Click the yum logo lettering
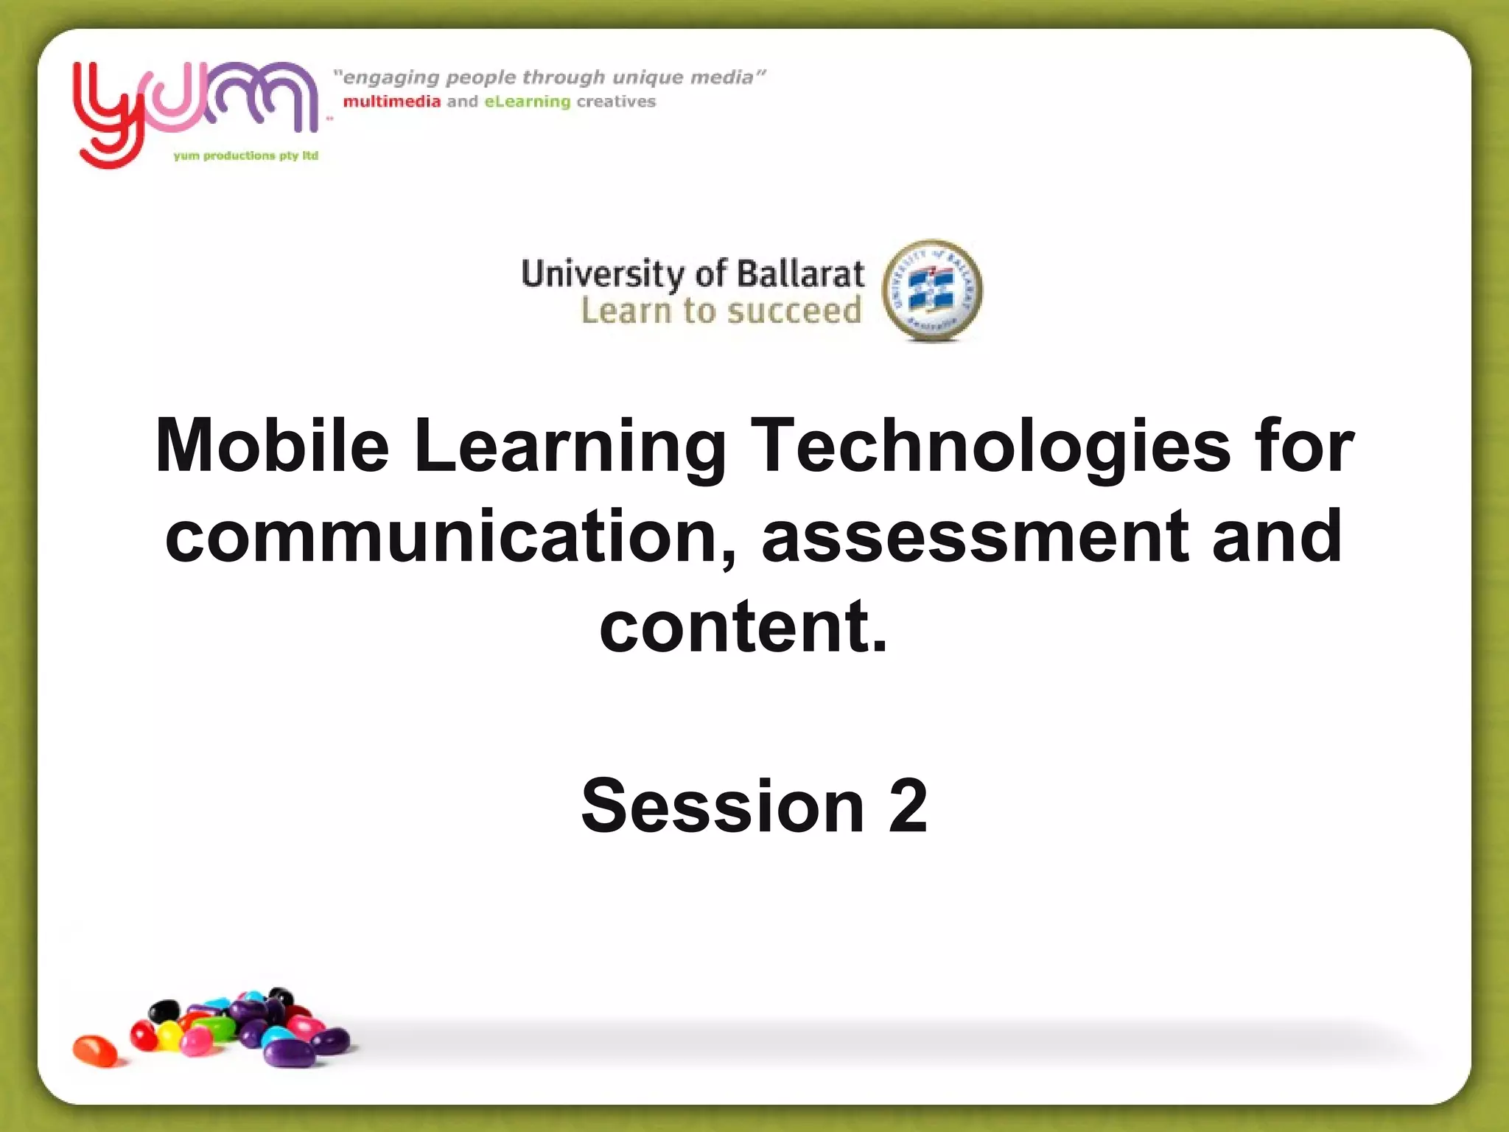[x=195, y=103]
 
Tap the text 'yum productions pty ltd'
[x=246, y=156]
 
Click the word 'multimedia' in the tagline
[x=391, y=102]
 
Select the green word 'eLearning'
[x=528, y=102]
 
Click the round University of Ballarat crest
[x=932, y=290]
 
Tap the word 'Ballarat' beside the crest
[x=800, y=274]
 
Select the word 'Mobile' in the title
[x=272, y=446]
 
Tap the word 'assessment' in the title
[x=976, y=536]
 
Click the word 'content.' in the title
[x=743, y=626]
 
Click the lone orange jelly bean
[x=95, y=1049]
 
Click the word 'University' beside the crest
[x=603, y=274]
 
